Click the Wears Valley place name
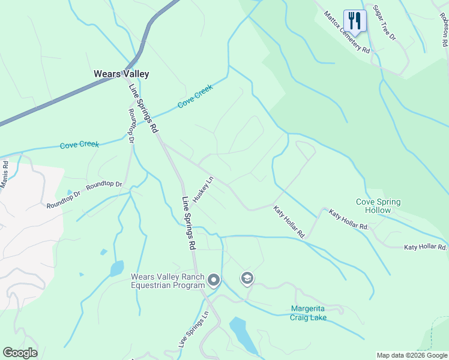[121, 74]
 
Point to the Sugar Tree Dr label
[384, 23]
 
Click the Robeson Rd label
[445, 32]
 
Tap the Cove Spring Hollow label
[378, 206]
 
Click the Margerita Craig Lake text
[309, 313]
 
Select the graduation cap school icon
[247, 278]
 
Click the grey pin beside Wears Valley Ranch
[213, 280]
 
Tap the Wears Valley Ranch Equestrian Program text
[167, 281]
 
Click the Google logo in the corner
[20, 353]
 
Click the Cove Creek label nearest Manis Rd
[79, 145]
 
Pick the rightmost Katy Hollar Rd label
[425, 247]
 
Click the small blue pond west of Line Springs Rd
[116, 268]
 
